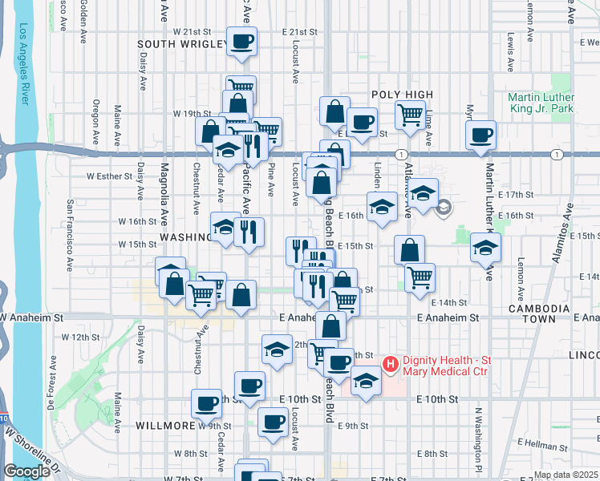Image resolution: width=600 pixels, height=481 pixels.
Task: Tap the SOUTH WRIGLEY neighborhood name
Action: (181, 44)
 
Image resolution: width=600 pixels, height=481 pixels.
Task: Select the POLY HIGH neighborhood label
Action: (402, 95)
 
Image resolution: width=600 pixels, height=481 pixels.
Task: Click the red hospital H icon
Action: (391, 365)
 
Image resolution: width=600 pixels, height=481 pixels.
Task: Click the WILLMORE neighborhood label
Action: (164, 425)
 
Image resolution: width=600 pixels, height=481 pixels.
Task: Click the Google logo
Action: (26, 471)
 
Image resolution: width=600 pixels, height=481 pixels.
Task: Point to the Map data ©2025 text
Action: (566, 475)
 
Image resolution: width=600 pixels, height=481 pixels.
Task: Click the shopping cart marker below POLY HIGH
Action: (410, 115)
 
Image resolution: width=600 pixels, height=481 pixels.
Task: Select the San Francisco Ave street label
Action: (71, 234)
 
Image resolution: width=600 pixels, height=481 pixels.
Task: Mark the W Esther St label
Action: (109, 176)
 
